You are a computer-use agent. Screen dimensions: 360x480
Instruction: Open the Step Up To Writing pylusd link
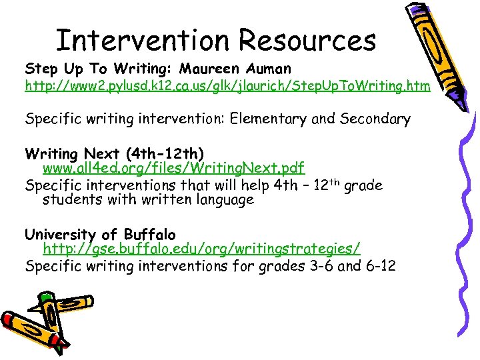[227, 87]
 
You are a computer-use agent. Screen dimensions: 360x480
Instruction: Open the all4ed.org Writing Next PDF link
[173, 170]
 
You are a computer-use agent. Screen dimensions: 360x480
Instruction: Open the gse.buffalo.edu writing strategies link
[201, 249]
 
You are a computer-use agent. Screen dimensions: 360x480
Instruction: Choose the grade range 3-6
[315, 266]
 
